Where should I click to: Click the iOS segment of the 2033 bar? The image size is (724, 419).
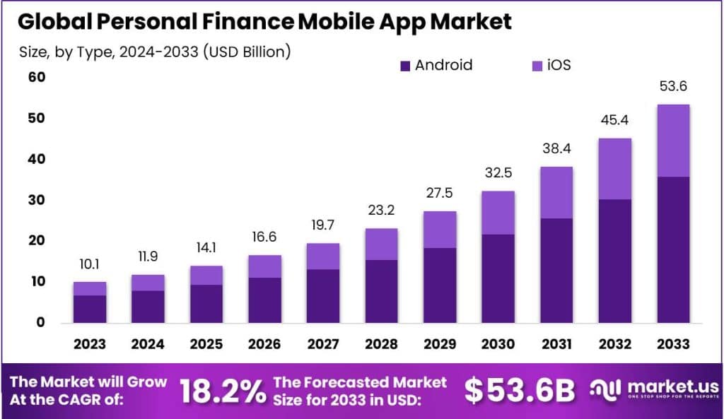(x=672, y=141)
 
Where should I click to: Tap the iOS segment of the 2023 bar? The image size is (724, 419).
(x=90, y=288)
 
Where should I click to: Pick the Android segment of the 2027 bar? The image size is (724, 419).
(x=324, y=295)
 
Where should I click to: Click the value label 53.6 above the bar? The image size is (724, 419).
(x=672, y=87)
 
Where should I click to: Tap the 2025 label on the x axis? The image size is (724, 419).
(x=206, y=344)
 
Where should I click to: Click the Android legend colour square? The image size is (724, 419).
(x=405, y=66)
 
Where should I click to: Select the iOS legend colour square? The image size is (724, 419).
(x=535, y=66)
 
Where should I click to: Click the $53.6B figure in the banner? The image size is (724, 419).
(x=520, y=391)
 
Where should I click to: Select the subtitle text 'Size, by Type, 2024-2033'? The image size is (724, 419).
(x=104, y=52)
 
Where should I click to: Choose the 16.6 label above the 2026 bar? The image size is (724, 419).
(x=265, y=237)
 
